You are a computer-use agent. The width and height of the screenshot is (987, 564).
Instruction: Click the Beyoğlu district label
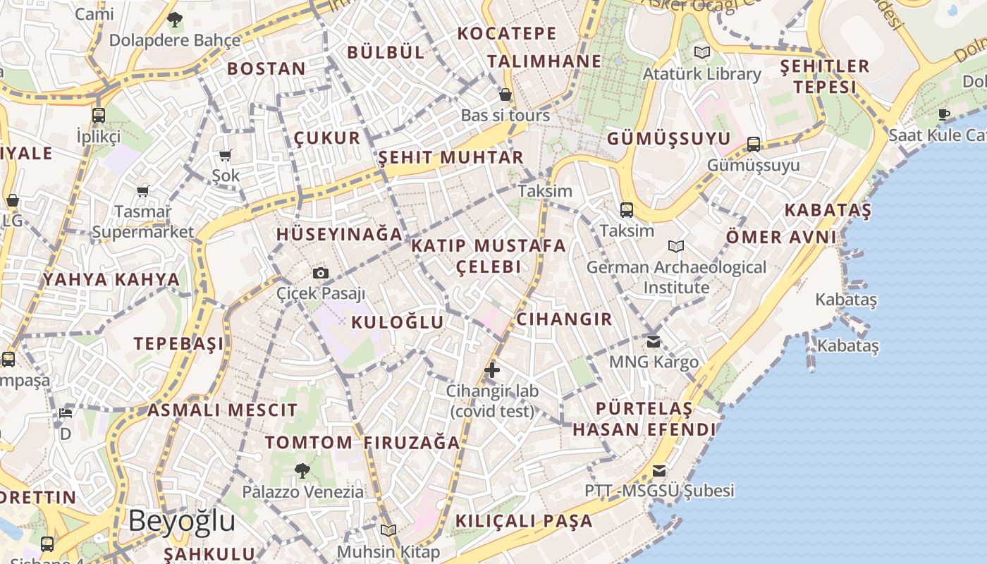click(x=181, y=521)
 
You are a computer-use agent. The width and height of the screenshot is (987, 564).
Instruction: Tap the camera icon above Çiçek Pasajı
click(x=321, y=273)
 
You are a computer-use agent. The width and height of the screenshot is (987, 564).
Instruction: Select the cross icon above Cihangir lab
click(x=492, y=369)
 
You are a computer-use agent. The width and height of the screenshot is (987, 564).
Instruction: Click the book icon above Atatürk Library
click(x=701, y=52)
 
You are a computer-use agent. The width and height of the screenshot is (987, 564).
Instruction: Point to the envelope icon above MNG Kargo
click(x=654, y=341)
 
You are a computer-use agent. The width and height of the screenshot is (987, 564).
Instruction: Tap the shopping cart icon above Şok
click(x=226, y=155)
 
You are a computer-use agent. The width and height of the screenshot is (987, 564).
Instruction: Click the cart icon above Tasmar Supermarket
click(x=143, y=191)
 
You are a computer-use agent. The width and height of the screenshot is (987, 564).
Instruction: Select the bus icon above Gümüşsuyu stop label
click(x=754, y=145)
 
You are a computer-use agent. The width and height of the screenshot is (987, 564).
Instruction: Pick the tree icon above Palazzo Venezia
click(x=302, y=470)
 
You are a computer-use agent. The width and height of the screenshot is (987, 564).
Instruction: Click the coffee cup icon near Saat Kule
click(x=944, y=114)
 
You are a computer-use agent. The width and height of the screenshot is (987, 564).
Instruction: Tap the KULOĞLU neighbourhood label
click(x=398, y=322)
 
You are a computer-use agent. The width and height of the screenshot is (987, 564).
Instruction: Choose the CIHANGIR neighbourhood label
click(x=565, y=319)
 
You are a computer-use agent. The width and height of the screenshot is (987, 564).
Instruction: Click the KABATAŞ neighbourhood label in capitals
click(x=828, y=209)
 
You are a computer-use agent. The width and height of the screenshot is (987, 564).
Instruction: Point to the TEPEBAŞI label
click(x=179, y=343)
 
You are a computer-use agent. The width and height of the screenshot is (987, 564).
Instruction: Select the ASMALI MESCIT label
click(x=222, y=410)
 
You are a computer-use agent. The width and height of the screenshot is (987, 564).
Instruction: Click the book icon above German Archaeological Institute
click(x=676, y=246)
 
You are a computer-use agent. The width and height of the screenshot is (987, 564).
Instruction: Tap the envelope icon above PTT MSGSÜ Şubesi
click(x=659, y=470)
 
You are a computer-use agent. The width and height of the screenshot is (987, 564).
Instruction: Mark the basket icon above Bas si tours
click(x=505, y=94)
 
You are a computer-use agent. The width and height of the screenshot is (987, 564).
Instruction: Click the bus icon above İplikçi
click(x=99, y=115)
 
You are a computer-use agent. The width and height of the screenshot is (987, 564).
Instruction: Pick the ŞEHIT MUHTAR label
click(x=451, y=157)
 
